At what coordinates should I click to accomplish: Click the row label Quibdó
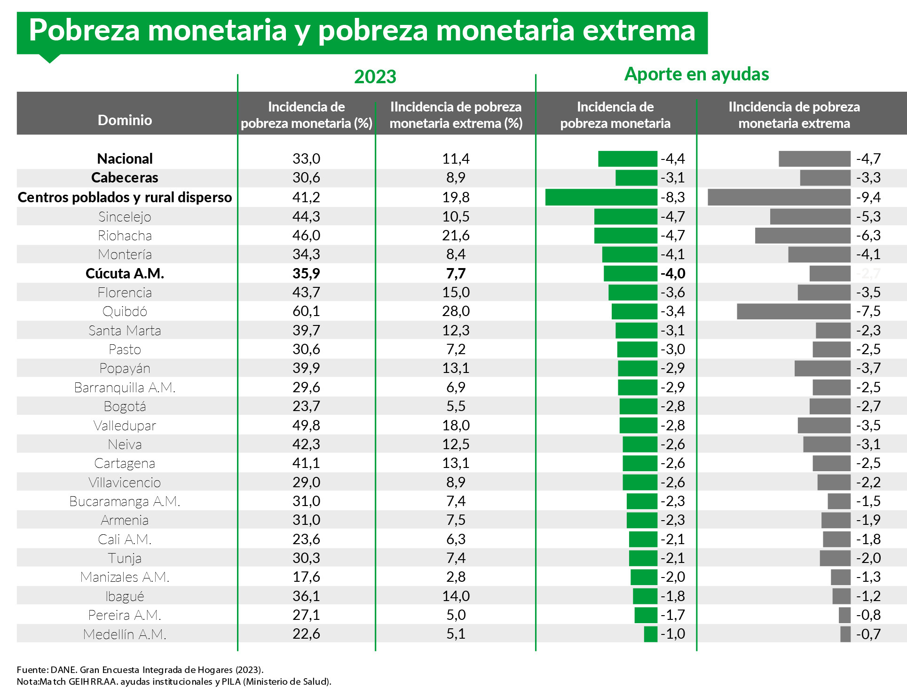(x=125, y=311)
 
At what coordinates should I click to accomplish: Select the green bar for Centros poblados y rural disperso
(x=601, y=197)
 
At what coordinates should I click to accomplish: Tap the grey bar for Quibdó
(x=794, y=311)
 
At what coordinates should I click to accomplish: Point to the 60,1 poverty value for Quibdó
(x=306, y=311)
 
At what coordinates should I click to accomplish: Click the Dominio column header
(x=125, y=120)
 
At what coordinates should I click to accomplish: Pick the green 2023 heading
(x=375, y=77)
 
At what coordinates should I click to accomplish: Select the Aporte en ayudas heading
(x=696, y=74)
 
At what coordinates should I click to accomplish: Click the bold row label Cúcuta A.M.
(x=125, y=273)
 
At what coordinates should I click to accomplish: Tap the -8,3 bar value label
(x=673, y=197)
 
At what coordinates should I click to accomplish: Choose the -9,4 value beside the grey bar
(x=868, y=197)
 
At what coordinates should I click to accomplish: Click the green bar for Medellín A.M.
(x=650, y=634)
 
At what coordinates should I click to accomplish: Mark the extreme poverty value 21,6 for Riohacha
(x=456, y=235)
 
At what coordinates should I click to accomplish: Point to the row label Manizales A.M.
(x=125, y=577)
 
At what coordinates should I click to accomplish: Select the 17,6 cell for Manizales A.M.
(x=306, y=577)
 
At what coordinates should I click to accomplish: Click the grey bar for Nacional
(x=814, y=159)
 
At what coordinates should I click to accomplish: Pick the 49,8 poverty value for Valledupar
(x=306, y=425)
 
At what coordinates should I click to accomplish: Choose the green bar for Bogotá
(x=638, y=406)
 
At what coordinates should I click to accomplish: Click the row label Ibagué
(x=125, y=596)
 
